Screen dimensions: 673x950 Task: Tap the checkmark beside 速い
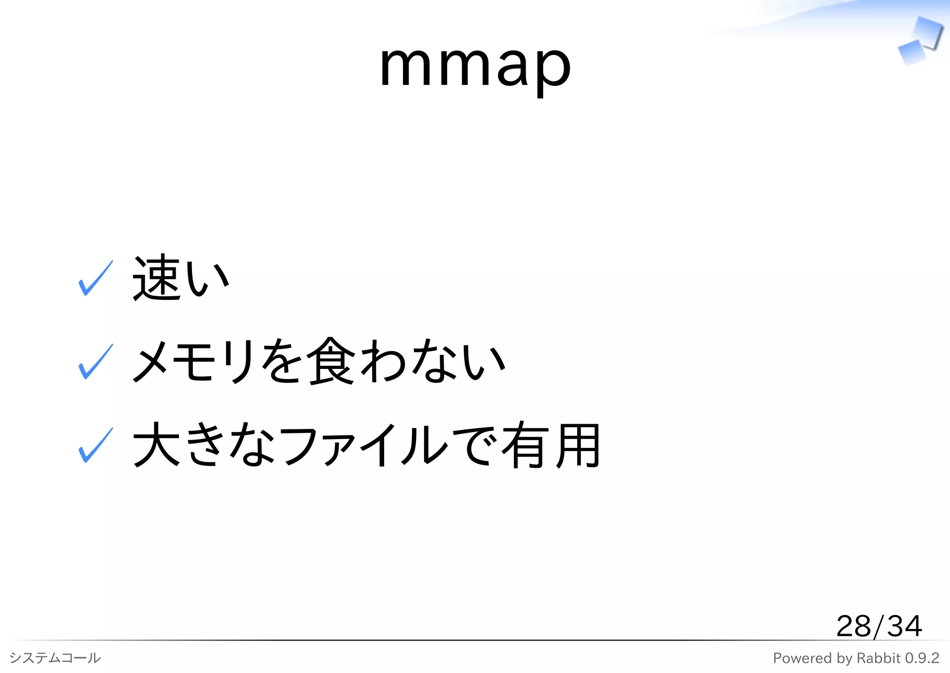(x=96, y=278)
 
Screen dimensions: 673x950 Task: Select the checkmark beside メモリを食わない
(x=96, y=362)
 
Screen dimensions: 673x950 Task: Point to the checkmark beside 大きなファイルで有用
(x=96, y=446)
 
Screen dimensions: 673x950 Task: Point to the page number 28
(x=854, y=626)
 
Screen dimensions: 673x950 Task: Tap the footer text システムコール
(x=55, y=658)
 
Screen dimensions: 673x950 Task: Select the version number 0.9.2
(x=922, y=658)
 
